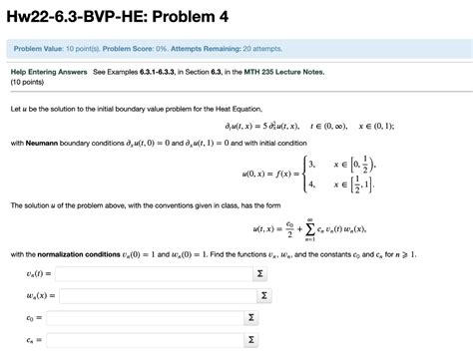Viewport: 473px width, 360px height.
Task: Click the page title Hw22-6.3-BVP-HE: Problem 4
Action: point(130,15)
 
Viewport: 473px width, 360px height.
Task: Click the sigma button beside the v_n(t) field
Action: point(260,272)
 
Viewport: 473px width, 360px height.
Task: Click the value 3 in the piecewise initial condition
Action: point(312,164)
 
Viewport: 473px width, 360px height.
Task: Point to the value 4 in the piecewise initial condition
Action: point(312,184)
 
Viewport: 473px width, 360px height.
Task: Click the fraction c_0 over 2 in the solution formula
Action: point(290,228)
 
